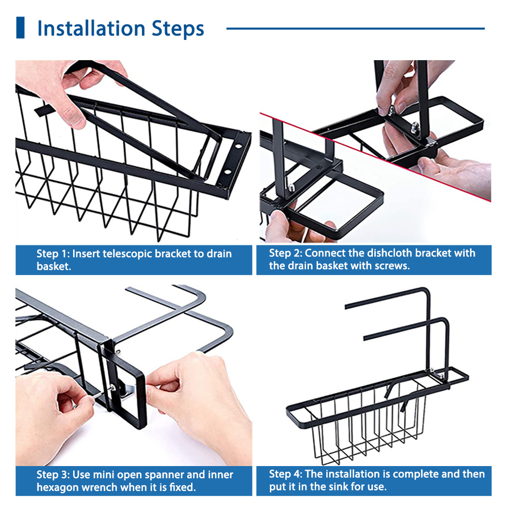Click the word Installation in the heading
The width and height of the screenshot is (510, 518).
click(91, 28)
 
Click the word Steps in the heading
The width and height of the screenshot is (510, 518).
click(178, 29)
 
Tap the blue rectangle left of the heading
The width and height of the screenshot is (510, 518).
click(20, 28)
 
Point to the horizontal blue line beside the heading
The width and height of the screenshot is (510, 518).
click(355, 28)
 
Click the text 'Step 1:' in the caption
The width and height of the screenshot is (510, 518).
click(53, 254)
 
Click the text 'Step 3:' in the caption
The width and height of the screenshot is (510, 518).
click(53, 475)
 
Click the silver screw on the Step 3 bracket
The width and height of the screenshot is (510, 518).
click(113, 388)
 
